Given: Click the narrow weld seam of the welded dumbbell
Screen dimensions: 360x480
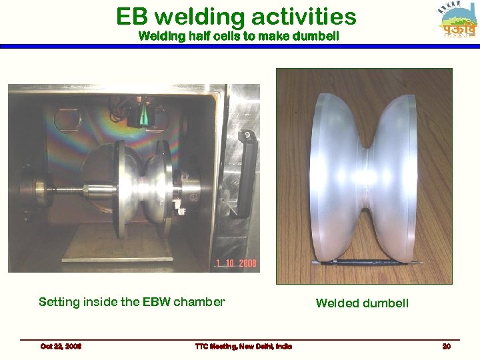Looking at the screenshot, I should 365,180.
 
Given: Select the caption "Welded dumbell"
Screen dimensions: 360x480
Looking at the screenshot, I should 362,303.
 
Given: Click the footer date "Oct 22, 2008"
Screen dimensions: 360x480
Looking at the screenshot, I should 61,346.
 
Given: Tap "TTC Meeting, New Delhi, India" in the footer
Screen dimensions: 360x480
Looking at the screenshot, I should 243,346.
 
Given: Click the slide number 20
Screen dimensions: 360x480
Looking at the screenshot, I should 447,346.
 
